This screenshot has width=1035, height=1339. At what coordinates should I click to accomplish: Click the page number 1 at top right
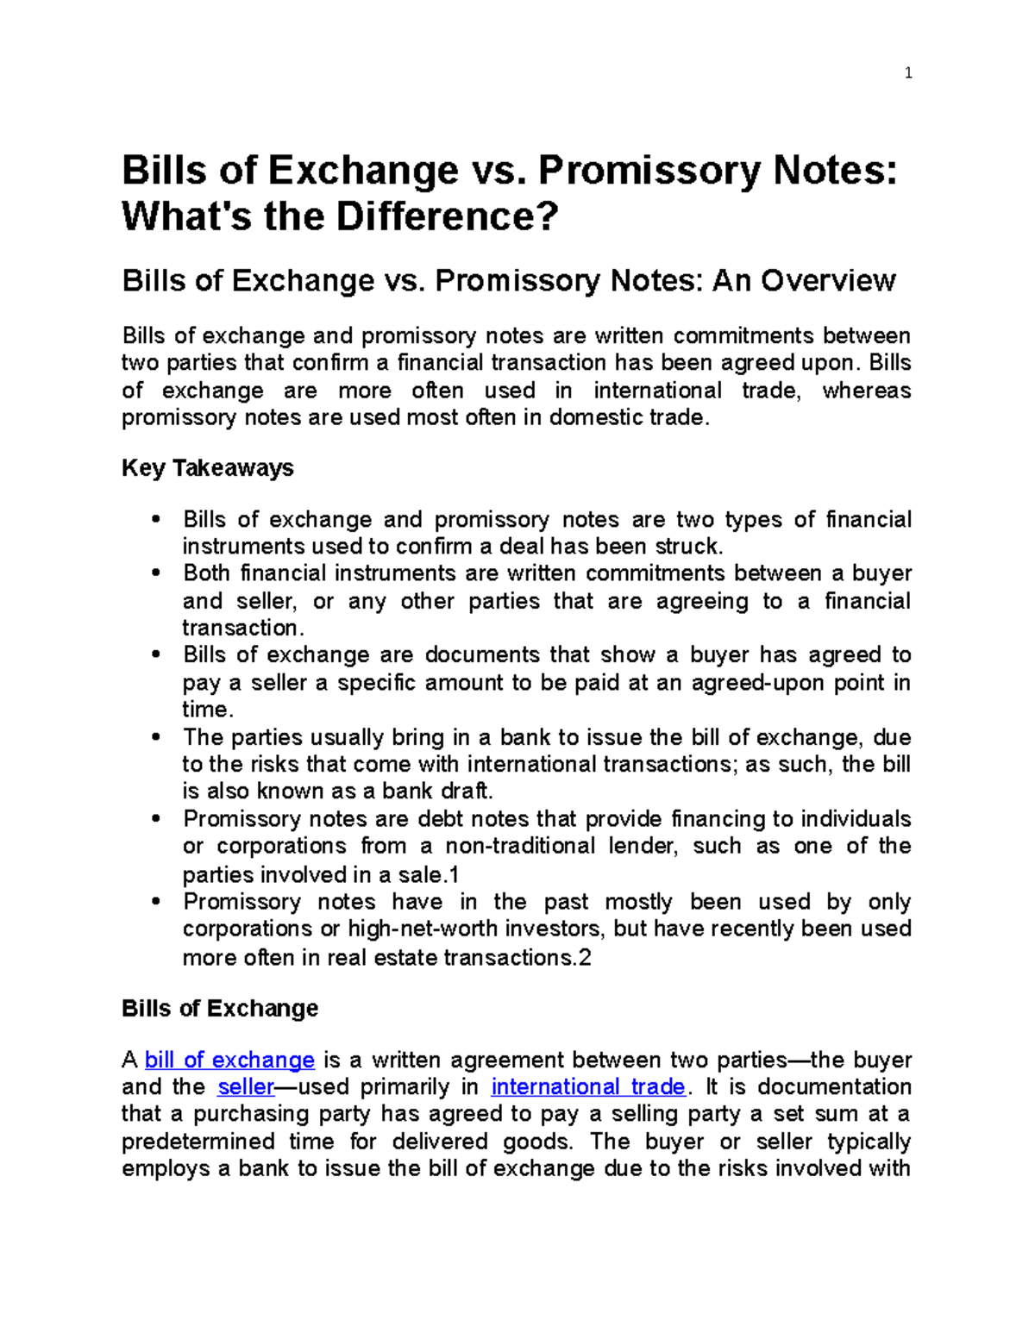[x=907, y=73]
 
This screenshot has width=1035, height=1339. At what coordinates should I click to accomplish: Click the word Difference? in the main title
[x=447, y=216]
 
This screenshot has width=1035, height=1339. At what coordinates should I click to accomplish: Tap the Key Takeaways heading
[x=207, y=468]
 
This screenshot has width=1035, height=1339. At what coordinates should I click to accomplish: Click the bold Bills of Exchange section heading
[x=220, y=1008]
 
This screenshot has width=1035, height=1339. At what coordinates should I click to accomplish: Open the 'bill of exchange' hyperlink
[x=229, y=1060]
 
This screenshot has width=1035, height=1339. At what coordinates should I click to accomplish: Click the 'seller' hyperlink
[x=246, y=1086]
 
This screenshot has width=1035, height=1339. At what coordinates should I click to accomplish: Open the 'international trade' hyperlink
[x=587, y=1086]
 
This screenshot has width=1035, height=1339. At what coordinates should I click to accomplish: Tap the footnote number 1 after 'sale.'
[x=455, y=875]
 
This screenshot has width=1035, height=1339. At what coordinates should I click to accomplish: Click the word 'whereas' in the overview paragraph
[x=866, y=391]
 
